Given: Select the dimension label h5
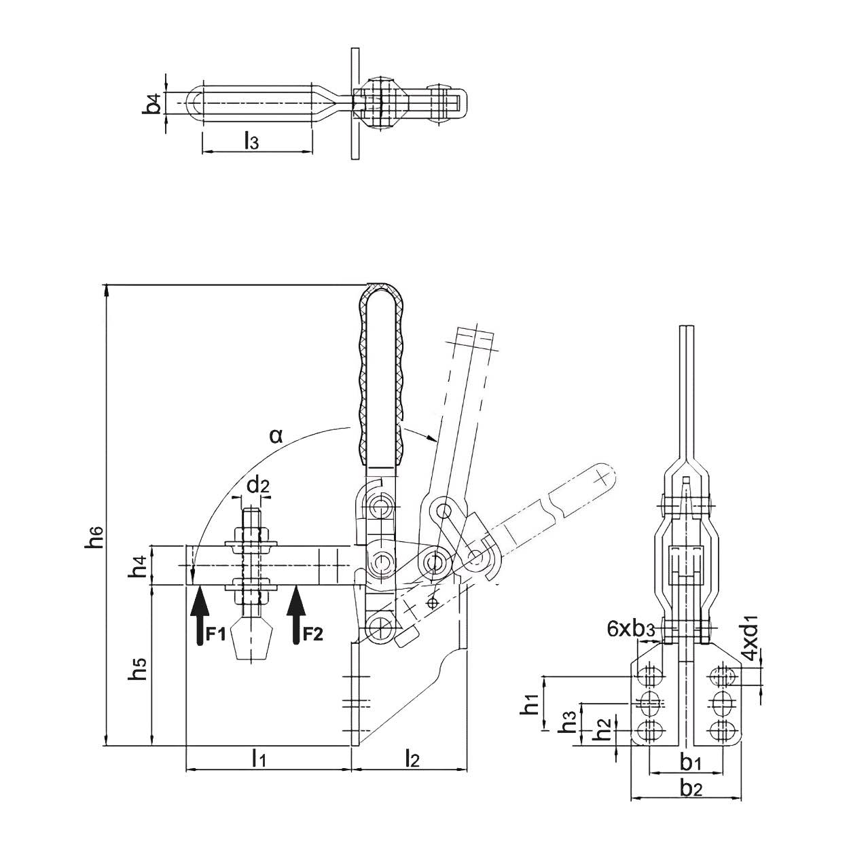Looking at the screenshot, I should coord(139,668).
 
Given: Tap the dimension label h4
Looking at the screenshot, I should coord(139,566).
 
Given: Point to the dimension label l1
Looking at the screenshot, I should coord(259,758).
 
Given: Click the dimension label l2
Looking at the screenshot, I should coord(411,758).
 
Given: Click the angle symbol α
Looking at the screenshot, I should coord(275,435).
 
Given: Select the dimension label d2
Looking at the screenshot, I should coord(257,485).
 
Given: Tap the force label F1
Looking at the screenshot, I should coord(215,634).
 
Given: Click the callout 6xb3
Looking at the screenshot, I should coord(630,628).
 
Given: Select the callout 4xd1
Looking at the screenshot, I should coord(749,638).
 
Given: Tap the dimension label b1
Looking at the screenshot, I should coord(691,763).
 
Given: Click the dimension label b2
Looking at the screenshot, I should coord(691,789).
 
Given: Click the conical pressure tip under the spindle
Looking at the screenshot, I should coord(251,642).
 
